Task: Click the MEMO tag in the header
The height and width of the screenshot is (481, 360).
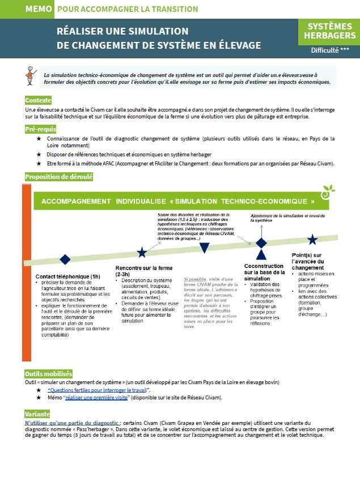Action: click(x=39, y=9)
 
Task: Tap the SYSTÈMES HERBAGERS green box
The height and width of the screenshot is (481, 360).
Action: click(x=329, y=31)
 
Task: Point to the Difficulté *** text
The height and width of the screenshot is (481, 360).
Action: click(x=329, y=50)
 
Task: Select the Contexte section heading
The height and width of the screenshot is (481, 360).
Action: click(x=39, y=100)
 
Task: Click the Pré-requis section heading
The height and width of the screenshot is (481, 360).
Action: click(x=40, y=130)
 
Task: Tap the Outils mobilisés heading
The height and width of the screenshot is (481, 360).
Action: click(x=49, y=374)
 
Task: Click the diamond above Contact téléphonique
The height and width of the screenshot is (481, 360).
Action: click(x=65, y=259)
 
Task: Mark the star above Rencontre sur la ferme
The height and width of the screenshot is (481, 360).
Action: click(x=142, y=253)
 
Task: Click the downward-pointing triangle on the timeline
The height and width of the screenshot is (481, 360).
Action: click(x=204, y=248)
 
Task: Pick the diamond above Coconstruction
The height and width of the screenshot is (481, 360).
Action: click(x=261, y=242)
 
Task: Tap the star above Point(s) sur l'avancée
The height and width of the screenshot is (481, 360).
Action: click(x=312, y=239)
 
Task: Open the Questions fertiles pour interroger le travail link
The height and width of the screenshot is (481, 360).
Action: click(x=99, y=390)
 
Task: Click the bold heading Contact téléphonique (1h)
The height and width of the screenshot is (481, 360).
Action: click(x=67, y=276)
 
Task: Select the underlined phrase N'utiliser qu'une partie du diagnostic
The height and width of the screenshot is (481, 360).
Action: click(x=71, y=423)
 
